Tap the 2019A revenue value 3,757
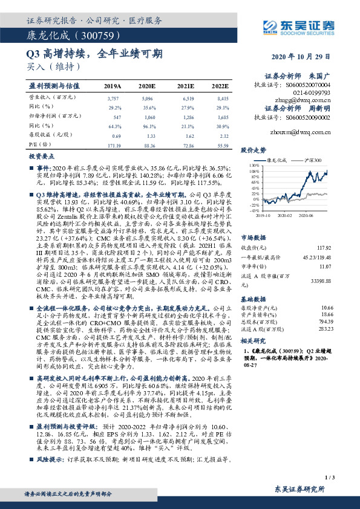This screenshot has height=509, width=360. (113, 97)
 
